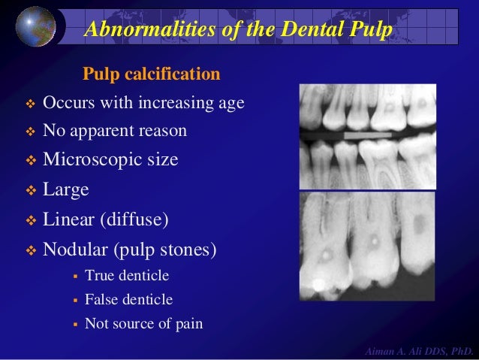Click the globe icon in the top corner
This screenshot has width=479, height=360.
[35, 26]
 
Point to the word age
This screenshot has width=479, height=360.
[230, 103]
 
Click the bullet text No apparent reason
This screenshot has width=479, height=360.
[114, 132]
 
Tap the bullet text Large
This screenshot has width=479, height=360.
[66, 189]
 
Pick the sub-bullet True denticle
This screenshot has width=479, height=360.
[127, 276]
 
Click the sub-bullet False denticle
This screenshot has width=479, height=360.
[128, 300]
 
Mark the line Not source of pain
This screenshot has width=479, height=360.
[143, 324]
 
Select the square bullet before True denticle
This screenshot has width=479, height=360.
[75, 277]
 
